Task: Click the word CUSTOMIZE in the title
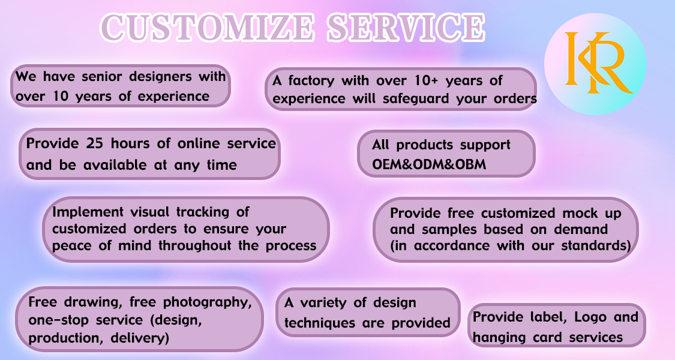(208, 28)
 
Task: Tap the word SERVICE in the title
(406, 28)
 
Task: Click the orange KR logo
(598, 62)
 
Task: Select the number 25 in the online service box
(94, 143)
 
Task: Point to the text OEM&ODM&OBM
(429, 164)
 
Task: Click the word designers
(161, 77)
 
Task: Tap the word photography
(207, 303)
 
